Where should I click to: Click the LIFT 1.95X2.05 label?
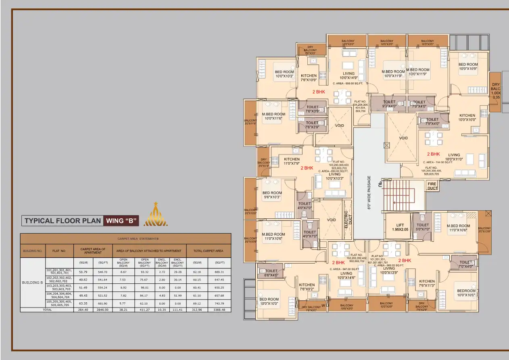point(400,227)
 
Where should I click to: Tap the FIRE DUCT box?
point(432,186)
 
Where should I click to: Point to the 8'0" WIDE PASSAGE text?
point(369,192)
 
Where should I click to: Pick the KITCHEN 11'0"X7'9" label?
point(292,161)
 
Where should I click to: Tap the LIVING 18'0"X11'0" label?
point(454,157)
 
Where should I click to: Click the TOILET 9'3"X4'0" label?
point(389,105)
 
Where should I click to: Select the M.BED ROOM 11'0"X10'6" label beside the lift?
point(458,228)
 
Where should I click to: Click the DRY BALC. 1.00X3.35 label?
point(496,91)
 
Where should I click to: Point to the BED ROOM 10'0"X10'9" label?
point(468,67)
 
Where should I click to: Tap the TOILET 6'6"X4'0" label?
point(271,273)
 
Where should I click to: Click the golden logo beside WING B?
point(156,216)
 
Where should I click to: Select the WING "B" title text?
point(121,221)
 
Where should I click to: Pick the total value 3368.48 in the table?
point(219,310)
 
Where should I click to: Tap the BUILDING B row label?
point(33,283)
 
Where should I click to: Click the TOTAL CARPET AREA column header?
point(208,251)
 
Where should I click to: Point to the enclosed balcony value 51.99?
point(177,295)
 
